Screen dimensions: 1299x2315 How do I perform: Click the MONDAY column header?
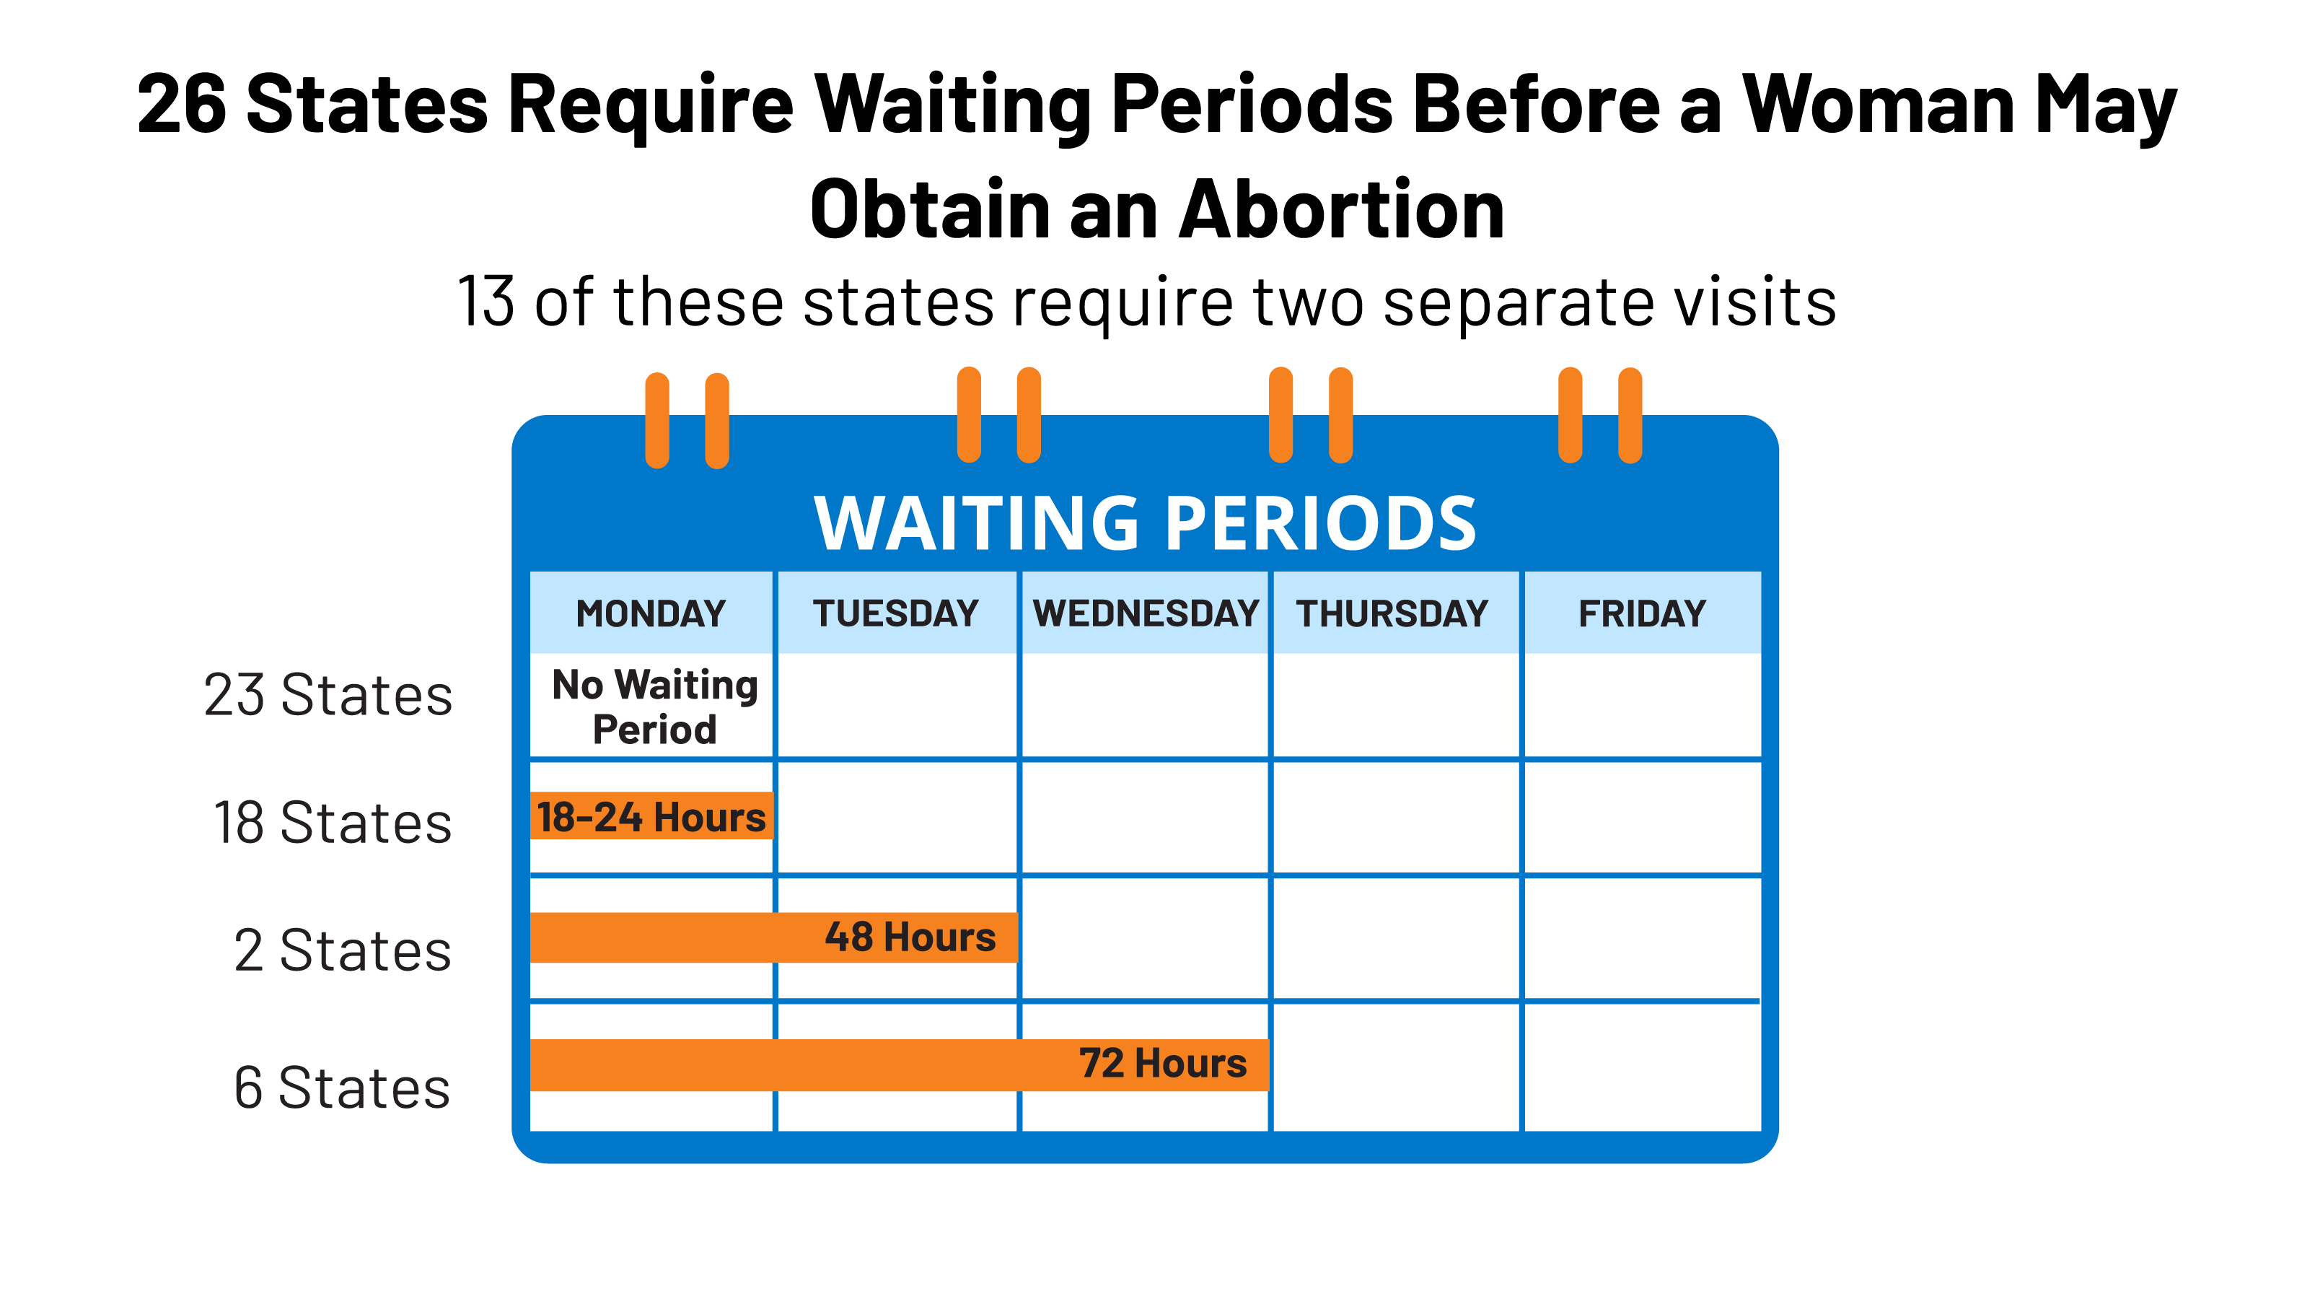[x=651, y=613]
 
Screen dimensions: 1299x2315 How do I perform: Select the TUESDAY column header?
[x=896, y=613]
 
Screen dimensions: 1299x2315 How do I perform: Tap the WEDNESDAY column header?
[x=1146, y=613]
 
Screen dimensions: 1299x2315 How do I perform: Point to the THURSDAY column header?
[x=1392, y=613]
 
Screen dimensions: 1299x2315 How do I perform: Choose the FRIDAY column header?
[x=1642, y=613]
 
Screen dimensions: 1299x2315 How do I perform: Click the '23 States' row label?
[x=328, y=695]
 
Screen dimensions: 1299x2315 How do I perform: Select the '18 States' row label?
[x=333, y=823]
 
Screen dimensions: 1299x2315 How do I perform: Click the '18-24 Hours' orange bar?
[x=651, y=816]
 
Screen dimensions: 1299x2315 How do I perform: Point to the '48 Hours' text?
[x=910, y=937]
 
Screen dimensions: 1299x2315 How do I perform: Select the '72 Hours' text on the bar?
[x=1163, y=1064]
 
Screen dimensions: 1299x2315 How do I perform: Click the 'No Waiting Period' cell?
[x=654, y=707]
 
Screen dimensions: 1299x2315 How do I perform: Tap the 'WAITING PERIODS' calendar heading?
[x=1145, y=523]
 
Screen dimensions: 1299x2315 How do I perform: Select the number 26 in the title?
[x=182, y=105]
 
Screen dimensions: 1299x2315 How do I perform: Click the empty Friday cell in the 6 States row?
[x=1642, y=1068]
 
